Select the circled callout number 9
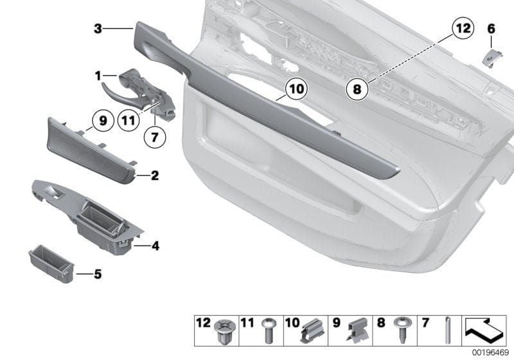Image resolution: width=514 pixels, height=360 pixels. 102,120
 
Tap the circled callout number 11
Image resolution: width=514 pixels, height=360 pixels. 128,120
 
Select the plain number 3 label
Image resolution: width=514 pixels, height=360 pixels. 98,28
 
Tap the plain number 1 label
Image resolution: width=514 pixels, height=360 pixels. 98,76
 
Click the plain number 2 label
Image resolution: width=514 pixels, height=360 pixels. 154,174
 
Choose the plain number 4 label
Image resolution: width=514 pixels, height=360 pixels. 154,245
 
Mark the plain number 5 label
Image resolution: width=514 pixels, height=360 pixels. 98,274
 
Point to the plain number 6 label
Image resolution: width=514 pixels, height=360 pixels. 492,29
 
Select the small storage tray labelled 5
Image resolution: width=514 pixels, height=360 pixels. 53,262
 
